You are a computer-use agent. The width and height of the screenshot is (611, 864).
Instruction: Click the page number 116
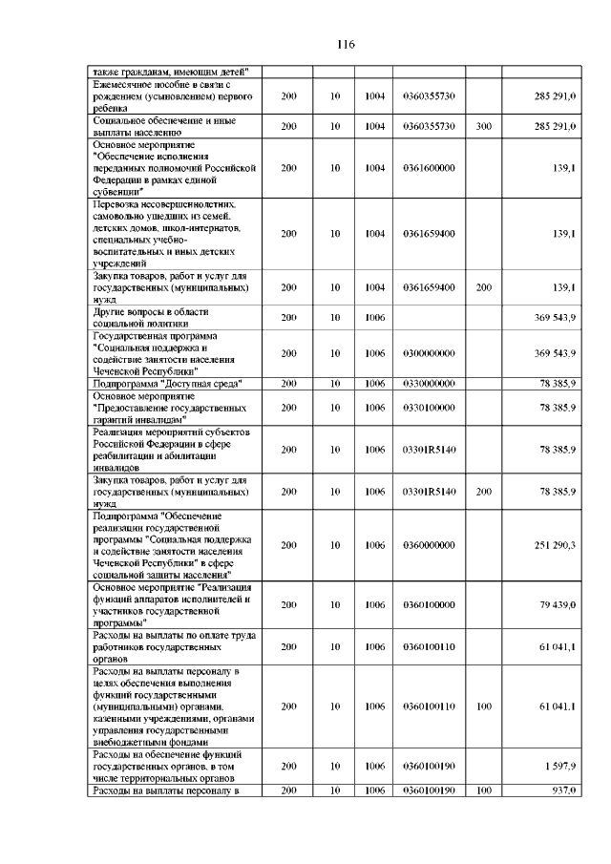tap(346, 45)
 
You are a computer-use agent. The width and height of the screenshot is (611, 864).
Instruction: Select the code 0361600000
tap(429, 168)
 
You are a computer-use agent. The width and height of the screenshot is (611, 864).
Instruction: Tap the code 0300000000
tap(429, 353)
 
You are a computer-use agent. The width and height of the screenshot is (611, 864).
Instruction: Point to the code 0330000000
tap(429, 383)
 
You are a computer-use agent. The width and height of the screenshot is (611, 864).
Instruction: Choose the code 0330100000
tap(429, 407)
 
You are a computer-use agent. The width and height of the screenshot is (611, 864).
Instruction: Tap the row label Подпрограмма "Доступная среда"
tap(164, 383)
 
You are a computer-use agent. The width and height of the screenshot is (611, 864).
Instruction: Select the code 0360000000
tap(429, 544)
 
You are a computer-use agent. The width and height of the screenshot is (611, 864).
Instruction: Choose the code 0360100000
tap(429, 604)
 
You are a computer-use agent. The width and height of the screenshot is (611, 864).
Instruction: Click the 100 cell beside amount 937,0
tap(483, 790)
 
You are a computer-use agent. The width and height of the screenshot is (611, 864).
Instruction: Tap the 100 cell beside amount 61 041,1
tap(483, 706)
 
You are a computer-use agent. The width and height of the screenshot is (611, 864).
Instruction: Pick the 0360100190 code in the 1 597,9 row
tap(429, 767)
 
